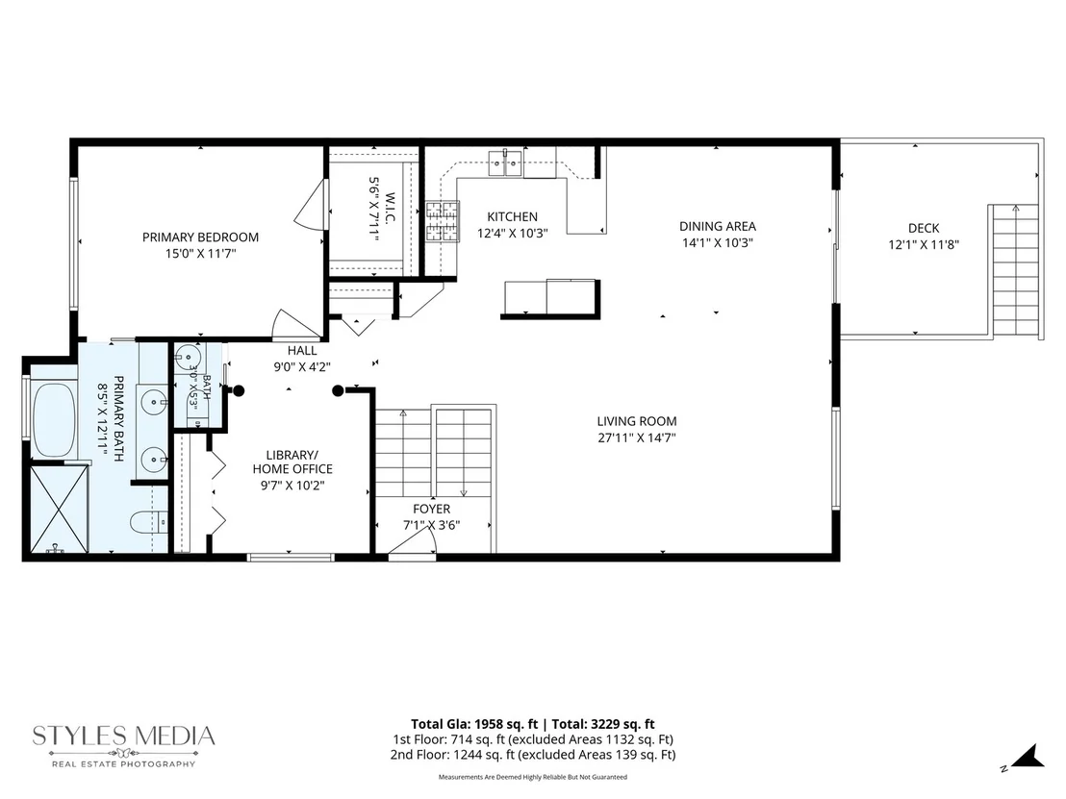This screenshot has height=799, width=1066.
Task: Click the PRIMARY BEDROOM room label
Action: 200,237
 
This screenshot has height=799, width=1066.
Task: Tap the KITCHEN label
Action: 512,216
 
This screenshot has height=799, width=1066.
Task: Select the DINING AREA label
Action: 717,226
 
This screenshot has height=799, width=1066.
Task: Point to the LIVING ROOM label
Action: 637,421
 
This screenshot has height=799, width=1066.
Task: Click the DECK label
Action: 924,228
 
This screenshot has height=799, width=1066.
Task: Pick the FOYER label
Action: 431,509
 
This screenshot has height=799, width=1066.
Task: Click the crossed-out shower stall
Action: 59,509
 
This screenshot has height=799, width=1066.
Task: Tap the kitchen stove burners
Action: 442,221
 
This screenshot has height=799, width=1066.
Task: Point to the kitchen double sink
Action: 505,162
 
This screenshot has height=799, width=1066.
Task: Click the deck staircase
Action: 1014,270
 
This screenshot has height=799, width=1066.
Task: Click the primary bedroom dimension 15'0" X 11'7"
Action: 200,254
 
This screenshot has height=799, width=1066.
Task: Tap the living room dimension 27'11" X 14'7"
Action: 637,438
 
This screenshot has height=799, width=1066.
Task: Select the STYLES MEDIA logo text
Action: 124,736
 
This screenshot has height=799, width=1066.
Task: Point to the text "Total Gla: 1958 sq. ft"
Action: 474,724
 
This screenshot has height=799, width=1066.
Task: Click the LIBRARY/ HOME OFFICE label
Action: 292,462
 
